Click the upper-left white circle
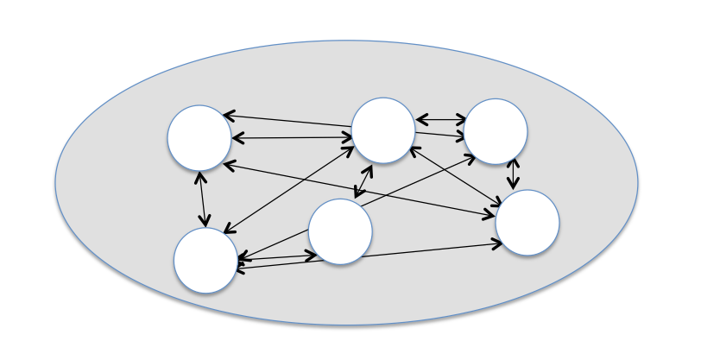(x=199, y=137)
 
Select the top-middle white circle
(x=383, y=130)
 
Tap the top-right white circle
(x=496, y=131)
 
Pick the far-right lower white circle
(x=527, y=223)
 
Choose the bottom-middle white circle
(x=340, y=231)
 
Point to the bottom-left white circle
(x=205, y=260)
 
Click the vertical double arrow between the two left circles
(x=203, y=199)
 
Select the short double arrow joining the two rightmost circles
(x=514, y=174)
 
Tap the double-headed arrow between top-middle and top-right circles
(x=440, y=120)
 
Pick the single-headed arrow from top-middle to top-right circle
(x=440, y=135)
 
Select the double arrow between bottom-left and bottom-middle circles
(x=276, y=256)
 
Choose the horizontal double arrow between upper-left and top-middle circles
(x=292, y=137)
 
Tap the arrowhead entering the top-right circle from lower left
(x=469, y=156)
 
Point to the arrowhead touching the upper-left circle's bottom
(x=200, y=176)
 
